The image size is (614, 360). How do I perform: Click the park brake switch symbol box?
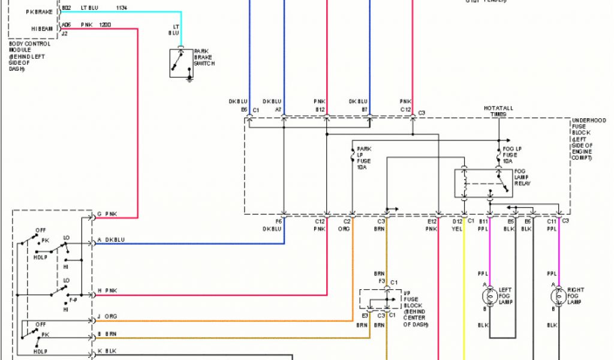(x=182, y=63)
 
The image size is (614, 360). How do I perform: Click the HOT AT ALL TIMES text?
(x=498, y=111)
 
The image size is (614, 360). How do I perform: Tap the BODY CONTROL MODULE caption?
(x=29, y=56)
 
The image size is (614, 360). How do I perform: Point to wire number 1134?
(x=122, y=8)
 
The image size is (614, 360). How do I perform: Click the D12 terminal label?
(x=456, y=222)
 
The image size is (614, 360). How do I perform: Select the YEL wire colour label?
(x=456, y=229)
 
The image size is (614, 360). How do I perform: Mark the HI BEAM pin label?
(x=41, y=28)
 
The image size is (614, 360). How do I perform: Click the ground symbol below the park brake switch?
(x=190, y=77)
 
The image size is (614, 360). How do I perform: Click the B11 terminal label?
(x=484, y=222)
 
